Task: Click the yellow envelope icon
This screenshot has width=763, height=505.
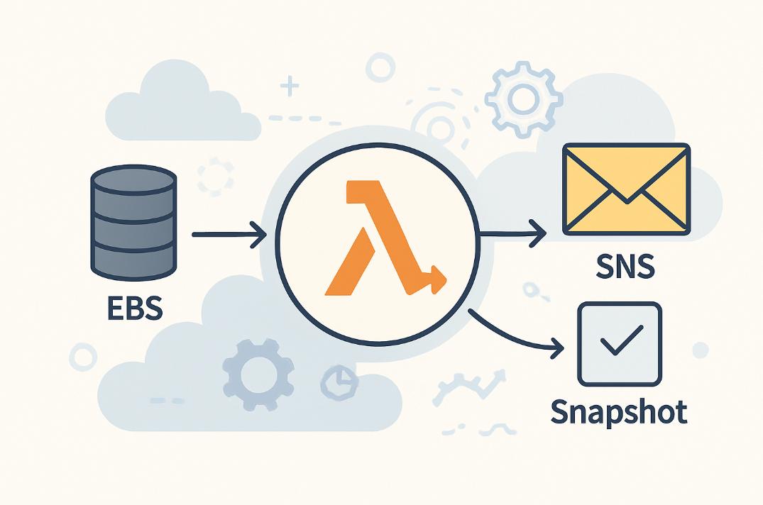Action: tap(625, 189)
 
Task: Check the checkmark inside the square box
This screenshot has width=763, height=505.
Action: tap(620, 344)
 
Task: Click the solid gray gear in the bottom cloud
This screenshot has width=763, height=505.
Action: tap(256, 374)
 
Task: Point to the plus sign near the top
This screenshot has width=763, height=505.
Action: tap(288, 88)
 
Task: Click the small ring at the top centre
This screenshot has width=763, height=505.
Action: tap(381, 69)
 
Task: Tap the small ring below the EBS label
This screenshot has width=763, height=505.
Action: tap(82, 356)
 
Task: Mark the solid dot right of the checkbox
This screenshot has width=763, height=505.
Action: tap(700, 350)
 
